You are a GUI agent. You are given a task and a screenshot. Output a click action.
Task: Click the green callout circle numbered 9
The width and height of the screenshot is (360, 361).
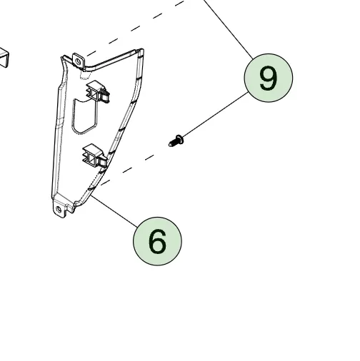269,78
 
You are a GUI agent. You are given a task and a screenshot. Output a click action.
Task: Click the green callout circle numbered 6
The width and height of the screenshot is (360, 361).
157,241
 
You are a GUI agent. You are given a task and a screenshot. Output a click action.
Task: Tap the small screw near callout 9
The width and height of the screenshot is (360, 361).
176,141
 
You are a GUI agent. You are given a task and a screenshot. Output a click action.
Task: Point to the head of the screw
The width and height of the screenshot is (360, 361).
179,139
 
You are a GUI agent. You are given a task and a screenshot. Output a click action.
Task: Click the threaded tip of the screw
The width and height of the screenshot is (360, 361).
171,144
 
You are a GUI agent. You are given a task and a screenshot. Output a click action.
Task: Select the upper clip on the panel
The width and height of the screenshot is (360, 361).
98,91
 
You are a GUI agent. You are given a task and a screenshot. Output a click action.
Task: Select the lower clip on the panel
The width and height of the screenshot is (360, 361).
94,156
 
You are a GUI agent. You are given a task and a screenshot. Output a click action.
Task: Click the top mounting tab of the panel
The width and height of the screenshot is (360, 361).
79,61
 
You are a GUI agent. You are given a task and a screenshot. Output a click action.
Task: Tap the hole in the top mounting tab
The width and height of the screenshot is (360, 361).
78,62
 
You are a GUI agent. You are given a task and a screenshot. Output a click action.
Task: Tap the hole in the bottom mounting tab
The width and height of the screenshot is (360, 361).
59,210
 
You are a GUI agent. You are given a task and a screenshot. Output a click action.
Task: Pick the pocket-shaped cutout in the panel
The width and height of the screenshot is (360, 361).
85,116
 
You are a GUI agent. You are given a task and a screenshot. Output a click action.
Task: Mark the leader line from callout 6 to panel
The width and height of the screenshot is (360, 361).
114,211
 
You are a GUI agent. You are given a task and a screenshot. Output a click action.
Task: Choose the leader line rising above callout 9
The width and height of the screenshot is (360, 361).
229,29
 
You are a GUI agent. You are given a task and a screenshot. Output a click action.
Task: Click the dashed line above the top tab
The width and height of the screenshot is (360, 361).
136,29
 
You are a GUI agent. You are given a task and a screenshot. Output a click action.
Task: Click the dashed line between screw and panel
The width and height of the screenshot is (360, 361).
128,170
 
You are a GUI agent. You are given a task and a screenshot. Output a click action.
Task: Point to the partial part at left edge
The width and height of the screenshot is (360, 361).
4,58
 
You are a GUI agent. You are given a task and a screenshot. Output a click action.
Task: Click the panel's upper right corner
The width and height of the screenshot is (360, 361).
142,49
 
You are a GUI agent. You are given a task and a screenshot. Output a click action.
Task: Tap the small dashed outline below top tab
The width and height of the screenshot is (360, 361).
85,75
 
